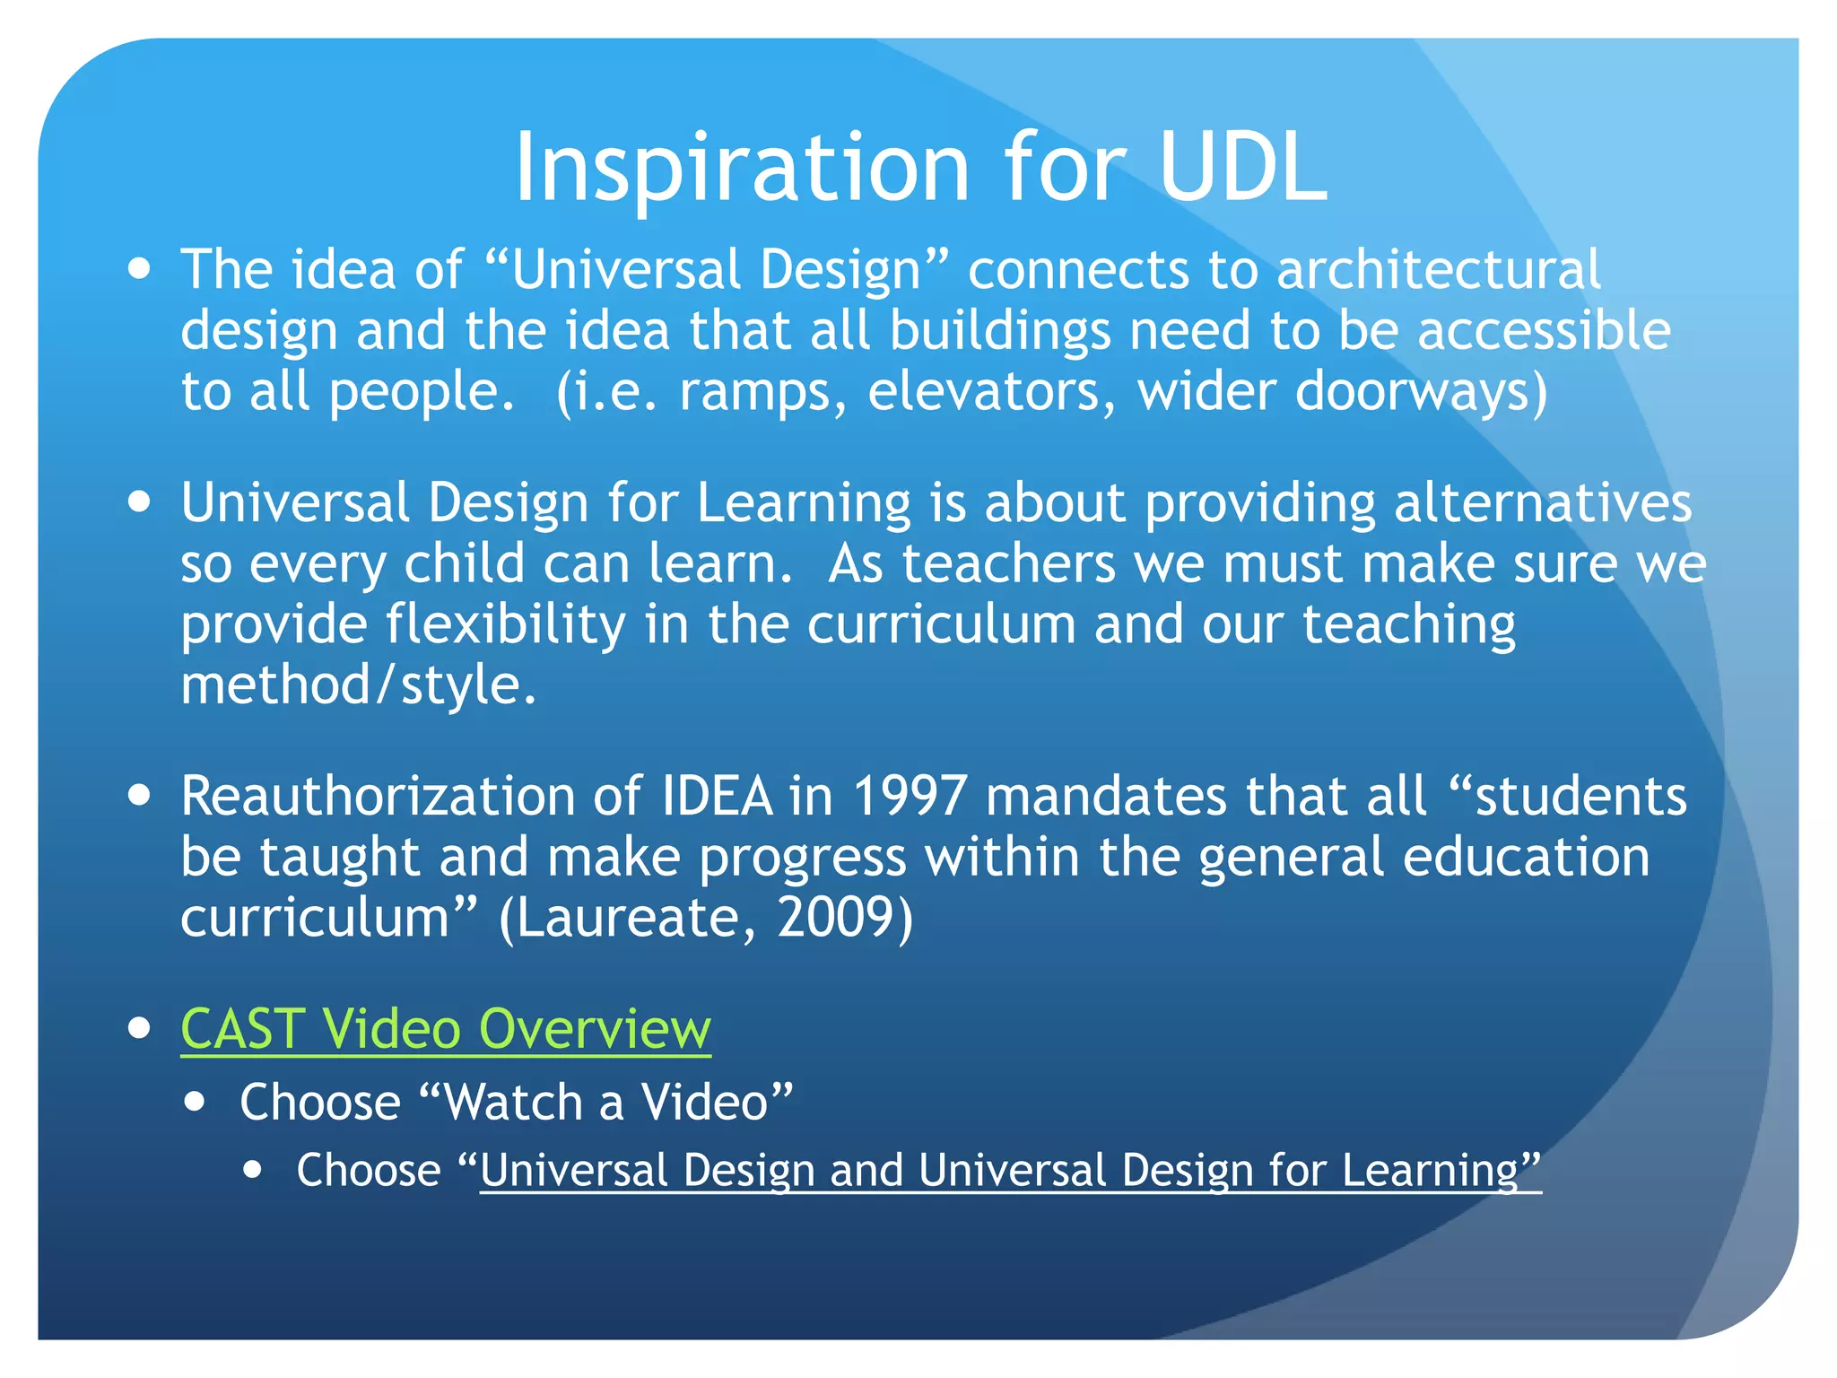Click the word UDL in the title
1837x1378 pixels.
pyautogui.click(x=1242, y=168)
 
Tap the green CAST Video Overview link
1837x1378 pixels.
pyautogui.click(x=446, y=1029)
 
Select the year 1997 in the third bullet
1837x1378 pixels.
pyautogui.click(x=910, y=797)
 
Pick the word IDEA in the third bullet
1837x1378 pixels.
pyautogui.click(x=717, y=797)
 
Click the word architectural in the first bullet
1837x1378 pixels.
pyautogui.click(x=1438, y=269)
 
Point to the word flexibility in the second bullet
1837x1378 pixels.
pyautogui.click(x=506, y=625)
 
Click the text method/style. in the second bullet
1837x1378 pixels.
pyautogui.click(x=359, y=686)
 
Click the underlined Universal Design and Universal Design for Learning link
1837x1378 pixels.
pyautogui.click(x=1010, y=1171)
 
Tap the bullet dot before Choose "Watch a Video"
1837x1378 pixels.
pyautogui.click(x=196, y=1102)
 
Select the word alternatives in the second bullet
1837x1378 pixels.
pyautogui.click(x=1543, y=502)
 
